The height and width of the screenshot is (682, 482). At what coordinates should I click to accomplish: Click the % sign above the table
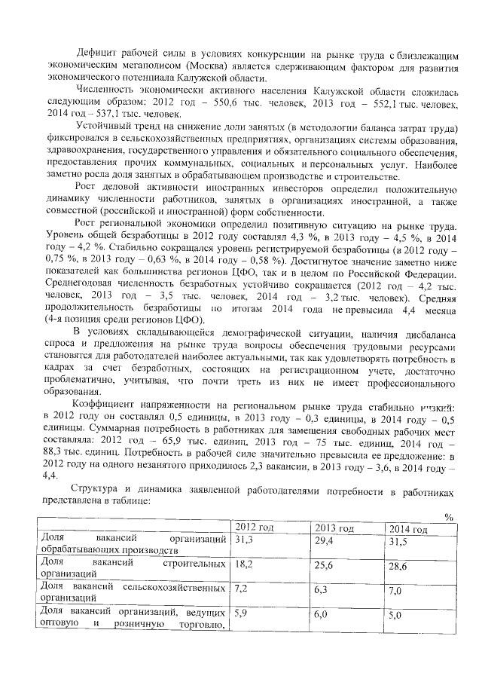pos(448,517)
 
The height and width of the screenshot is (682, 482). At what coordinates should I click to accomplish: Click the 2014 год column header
pos(407,529)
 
